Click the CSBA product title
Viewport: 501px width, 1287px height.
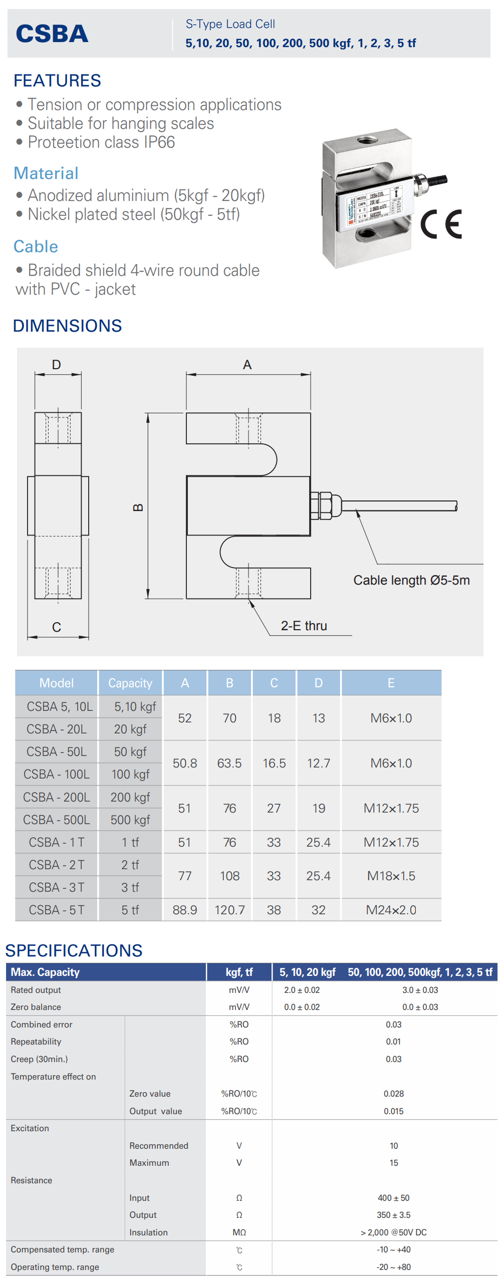(52, 34)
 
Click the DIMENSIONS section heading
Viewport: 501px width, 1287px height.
(67, 326)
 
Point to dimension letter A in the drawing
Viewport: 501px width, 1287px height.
(247, 365)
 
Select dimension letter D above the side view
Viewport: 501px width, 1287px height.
(57, 365)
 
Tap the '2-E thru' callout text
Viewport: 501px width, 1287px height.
(304, 626)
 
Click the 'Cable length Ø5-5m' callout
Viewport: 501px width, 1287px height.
(411, 580)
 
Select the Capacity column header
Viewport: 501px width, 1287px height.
(130, 683)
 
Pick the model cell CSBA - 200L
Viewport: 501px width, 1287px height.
(57, 797)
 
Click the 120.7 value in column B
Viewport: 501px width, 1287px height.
(229, 910)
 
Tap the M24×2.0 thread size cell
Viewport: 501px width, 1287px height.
(391, 910)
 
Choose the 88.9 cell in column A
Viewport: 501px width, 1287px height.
(185, 910)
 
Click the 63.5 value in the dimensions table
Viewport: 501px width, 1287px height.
(229, 763)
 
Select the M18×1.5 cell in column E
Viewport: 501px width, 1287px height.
(391, 876)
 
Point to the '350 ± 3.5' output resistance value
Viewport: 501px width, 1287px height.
(394, 1215)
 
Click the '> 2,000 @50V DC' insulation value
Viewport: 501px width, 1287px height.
(394, 1232)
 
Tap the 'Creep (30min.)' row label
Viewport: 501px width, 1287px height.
(39, 1059)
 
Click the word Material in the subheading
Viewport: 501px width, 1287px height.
(46, 173)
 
